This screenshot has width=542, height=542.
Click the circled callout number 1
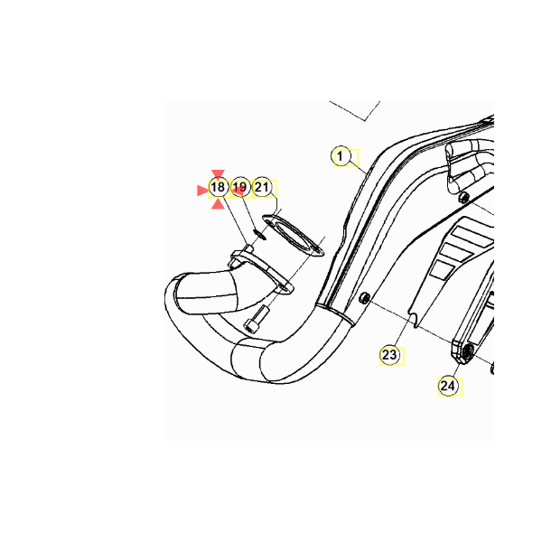tap(341, 156)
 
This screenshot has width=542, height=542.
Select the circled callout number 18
tap(218, 188)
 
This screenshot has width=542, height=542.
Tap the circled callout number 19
tap(240, 187)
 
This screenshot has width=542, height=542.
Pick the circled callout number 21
tap(262, 187)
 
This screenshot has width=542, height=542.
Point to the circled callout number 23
tap(389, 355)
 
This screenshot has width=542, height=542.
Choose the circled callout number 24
tap(448, 386)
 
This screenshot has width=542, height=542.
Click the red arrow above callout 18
tap(218, 174)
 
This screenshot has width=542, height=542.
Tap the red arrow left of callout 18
tap(202, 191)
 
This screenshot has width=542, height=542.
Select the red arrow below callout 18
tap(218, 204)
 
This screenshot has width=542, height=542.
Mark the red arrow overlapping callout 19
tap(238, 190)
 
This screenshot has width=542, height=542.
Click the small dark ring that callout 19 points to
tap(260, 235)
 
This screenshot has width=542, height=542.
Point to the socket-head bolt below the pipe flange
tap(257, 319)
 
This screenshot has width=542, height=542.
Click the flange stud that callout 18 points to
tap(249, 249)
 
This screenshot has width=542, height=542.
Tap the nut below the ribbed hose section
tap(464, 198)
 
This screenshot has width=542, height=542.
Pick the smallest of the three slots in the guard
tap(441, 269)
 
